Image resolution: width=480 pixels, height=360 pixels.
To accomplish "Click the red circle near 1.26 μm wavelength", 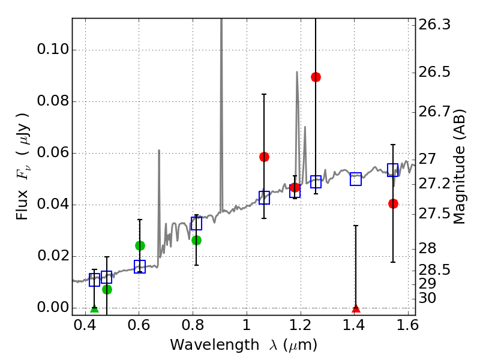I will point(316,77).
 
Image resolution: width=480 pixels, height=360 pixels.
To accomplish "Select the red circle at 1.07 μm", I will point(264,157).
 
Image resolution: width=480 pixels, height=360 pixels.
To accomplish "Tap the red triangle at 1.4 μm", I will point(356,308).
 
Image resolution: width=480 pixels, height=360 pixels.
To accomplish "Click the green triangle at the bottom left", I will point(94,308).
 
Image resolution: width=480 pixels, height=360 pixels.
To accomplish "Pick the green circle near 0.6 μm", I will point(140,245).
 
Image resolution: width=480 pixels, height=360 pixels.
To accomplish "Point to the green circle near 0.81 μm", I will point(196,240).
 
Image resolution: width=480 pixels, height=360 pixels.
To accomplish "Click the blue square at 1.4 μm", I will point(356,179).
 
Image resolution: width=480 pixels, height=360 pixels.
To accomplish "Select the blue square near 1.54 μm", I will point(393,170).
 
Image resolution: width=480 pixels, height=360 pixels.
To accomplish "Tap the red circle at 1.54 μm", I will point(393,203).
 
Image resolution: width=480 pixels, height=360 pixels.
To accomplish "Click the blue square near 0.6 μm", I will point(140,266).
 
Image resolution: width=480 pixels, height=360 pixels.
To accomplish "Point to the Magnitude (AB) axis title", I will point(460,166).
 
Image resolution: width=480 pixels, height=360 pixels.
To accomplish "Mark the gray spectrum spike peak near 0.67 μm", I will point(159,151).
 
